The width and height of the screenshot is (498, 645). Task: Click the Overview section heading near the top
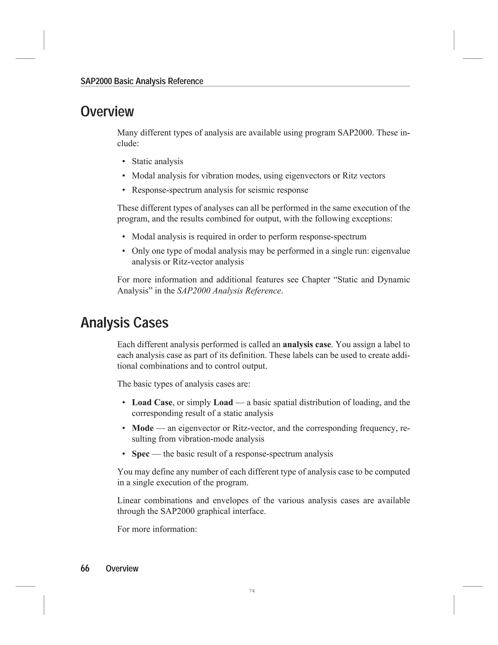107,112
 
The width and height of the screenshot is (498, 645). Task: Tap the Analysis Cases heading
124,322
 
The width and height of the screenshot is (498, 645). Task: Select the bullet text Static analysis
157,162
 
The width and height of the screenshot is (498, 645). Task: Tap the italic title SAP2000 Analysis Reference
229,291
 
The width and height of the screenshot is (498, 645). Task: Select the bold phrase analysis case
307,345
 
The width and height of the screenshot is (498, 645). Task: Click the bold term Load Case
152,403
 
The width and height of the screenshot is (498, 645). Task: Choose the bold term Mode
142,428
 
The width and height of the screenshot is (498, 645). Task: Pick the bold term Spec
141,454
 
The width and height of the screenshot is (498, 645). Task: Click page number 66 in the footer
85,569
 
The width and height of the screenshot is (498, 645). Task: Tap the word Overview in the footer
122,569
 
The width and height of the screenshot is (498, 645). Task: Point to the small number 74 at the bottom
252,591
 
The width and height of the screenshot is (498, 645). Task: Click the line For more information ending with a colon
157,529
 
